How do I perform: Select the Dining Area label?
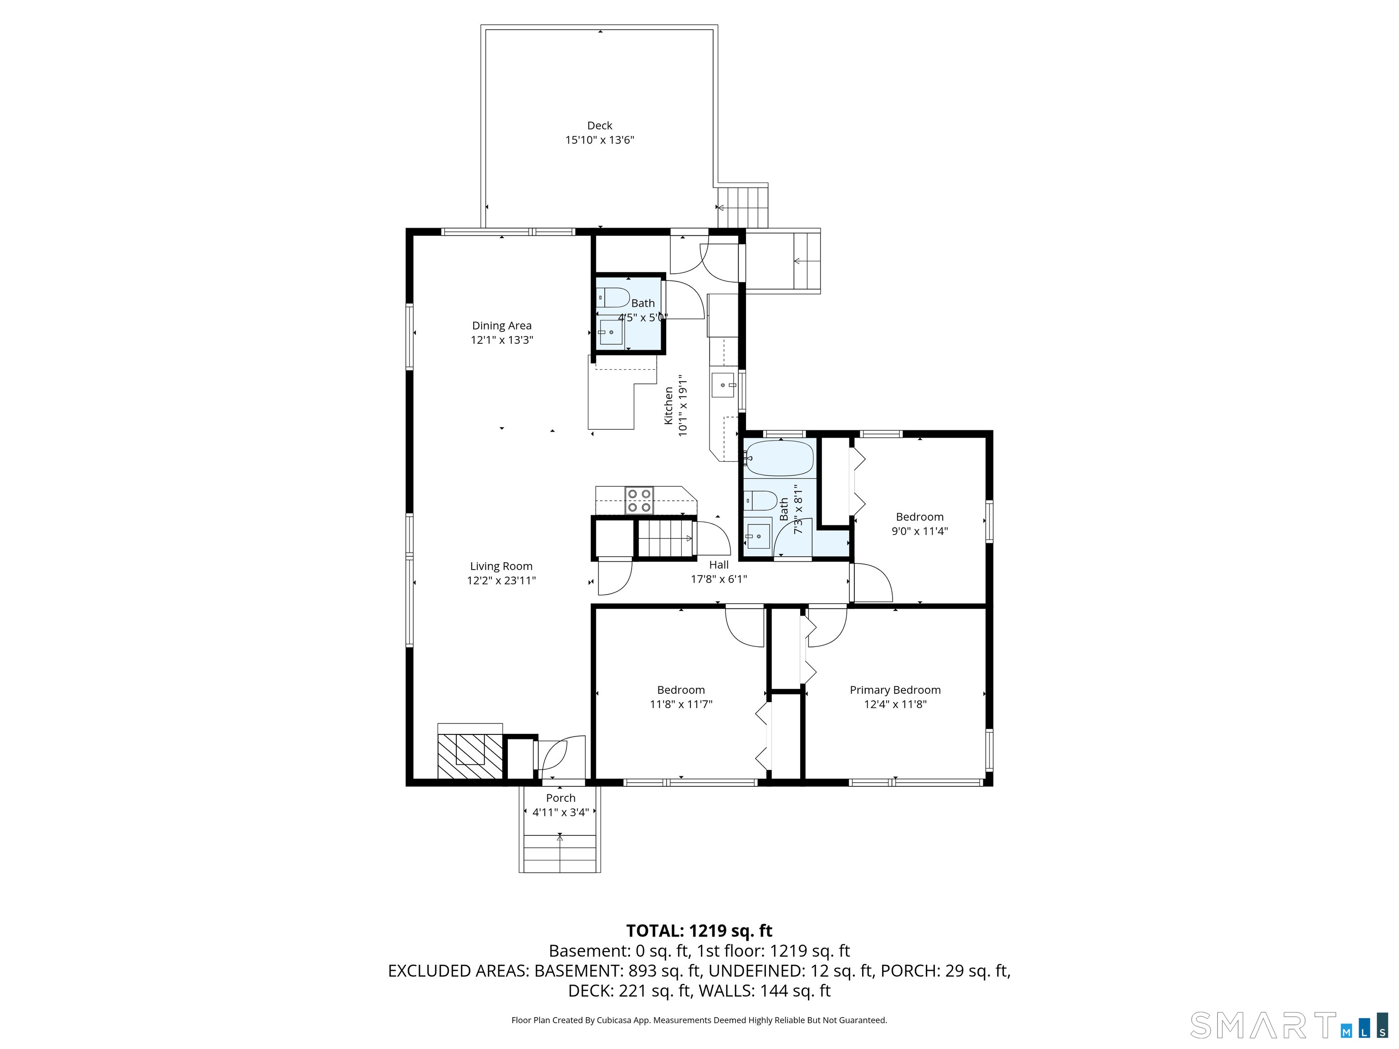(501, 326)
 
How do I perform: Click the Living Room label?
(501, 566)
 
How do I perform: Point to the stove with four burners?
(639, 500)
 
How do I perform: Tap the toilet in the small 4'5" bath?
(613, 297)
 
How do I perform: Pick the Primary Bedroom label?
(894, 690)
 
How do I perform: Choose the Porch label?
(560, 798)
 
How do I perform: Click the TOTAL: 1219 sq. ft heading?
(699, 931)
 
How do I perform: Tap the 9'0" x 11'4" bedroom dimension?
(919, 531)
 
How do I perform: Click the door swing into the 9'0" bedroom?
(872, 582)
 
